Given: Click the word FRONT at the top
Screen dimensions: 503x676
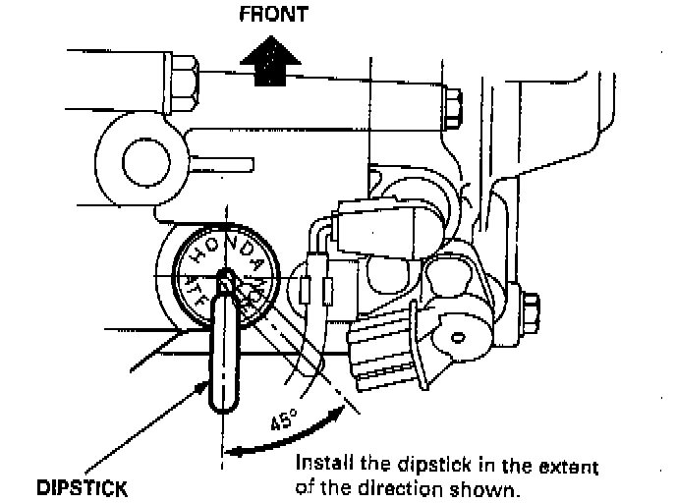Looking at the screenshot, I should pos(274,15).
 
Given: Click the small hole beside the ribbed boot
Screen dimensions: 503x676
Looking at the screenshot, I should pos(457,338).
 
